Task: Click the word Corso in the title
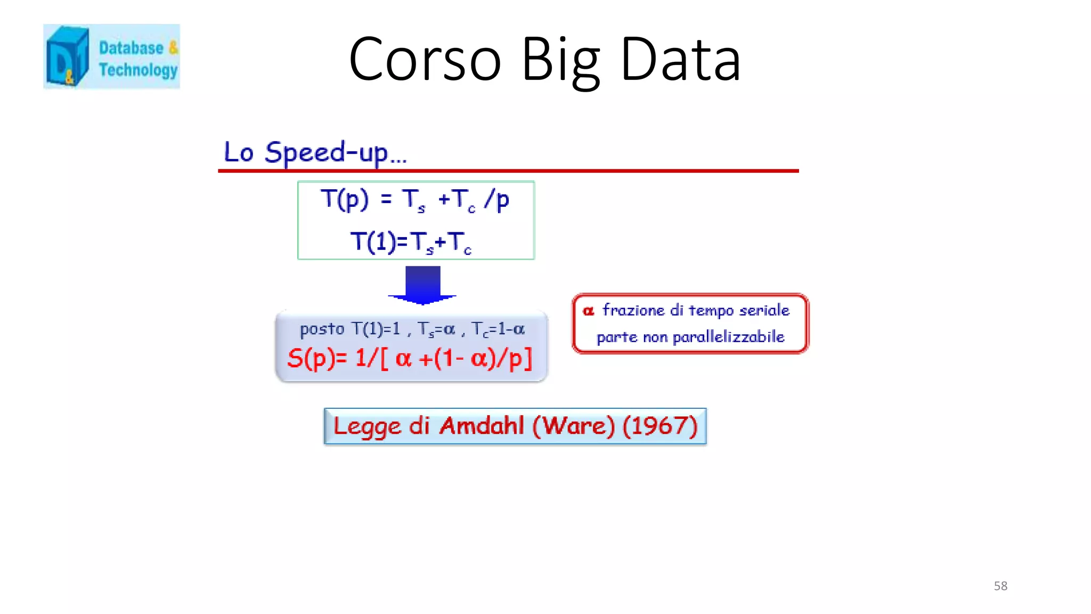tap(425, 60)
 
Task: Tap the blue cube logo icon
tap(67, 56)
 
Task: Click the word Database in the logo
tap(131, 48)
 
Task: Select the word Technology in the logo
tap(138, 70)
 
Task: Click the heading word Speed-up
tap(326, 153)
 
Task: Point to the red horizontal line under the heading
tap(508, 171)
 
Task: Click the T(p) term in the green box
tap(345, 199)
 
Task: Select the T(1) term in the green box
tap(373, 241)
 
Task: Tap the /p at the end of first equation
tap(496, 200)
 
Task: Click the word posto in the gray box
tap(322, 329)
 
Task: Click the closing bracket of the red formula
tap(527, 358)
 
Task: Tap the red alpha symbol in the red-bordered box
tap(588, 311)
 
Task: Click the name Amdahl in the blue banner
tap(482, 426)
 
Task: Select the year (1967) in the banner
tap(660, 426)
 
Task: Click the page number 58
tap(1000, 586)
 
